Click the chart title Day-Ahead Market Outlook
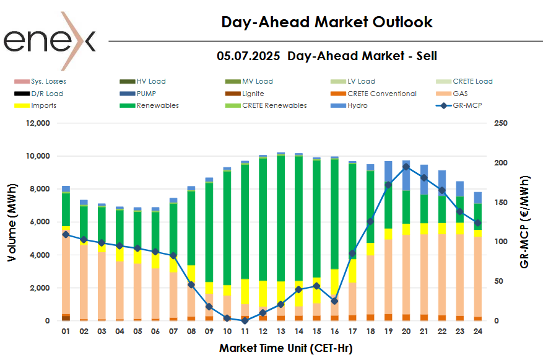coord(327,22)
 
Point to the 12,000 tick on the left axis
coord(35,123)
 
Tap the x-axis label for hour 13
coord(280,332)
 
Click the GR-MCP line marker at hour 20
coord(406,166)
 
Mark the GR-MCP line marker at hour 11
coord(245,320)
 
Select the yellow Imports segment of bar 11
coord(245,291)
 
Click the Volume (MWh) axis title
coord(13,221)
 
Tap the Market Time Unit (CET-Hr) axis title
coord(285,348)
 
